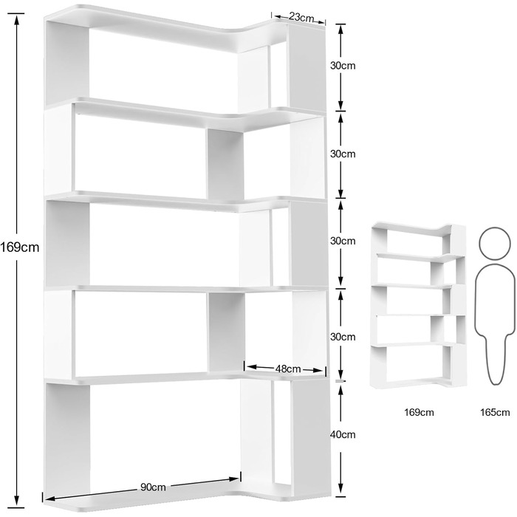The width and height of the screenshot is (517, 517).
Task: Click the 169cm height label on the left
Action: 20,247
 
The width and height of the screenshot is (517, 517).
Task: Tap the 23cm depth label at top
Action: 301,17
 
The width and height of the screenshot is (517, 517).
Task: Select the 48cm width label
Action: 288,369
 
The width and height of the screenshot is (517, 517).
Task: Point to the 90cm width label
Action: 153,487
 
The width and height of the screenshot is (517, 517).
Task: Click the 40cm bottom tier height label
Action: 343,434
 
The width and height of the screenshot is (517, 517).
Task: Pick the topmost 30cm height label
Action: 343,66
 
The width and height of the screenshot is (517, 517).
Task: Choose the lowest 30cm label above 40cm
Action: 343,337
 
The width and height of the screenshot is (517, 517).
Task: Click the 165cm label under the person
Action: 495,412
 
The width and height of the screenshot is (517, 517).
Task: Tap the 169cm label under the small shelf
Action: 419,412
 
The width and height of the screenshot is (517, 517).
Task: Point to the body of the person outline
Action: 495,324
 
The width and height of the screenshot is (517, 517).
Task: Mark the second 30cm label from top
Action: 343,154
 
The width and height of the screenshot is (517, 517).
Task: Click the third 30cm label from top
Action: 343,241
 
